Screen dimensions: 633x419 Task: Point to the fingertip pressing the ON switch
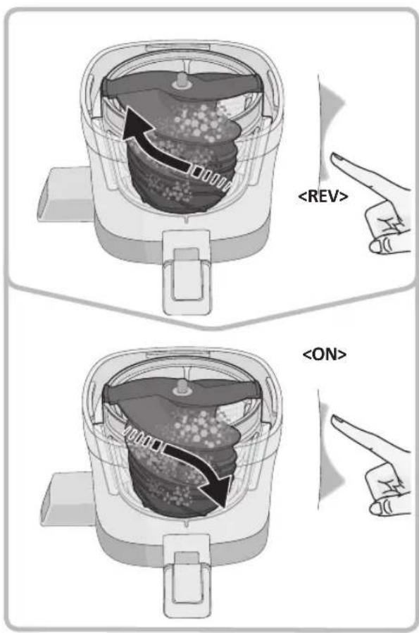334,422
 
